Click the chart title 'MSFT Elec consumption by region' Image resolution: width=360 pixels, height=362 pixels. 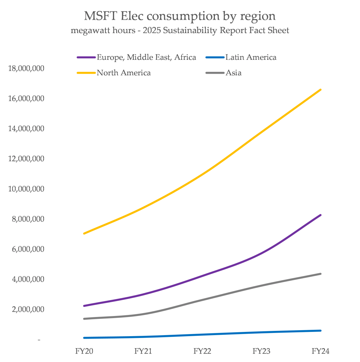coord(180,16)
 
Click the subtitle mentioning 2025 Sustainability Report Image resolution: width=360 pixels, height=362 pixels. coord(180,31)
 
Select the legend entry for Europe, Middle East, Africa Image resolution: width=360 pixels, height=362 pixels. coord(146,57)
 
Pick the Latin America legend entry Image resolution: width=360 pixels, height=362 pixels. coord(251,57)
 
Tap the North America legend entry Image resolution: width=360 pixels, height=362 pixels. coord(124,73)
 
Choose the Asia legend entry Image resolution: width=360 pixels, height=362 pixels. coord(234,73)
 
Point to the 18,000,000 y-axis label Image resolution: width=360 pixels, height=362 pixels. coord(26,68)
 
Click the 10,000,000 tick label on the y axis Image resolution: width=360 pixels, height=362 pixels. coord(26,189)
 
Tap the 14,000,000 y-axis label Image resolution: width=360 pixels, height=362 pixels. coord(26,128)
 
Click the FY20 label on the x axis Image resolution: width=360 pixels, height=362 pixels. coord(84,351)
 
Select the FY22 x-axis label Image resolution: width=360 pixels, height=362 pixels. coord(202,351)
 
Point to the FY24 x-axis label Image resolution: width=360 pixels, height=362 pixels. coord(321,351)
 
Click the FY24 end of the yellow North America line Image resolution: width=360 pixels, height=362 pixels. coord(320,90)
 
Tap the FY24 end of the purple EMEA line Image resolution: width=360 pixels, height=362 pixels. coord(320,215)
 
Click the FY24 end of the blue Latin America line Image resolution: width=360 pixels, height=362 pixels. coord(320,331)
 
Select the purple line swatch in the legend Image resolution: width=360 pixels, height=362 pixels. coord(86,57)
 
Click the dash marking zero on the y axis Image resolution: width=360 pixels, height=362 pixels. coord(39,340)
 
